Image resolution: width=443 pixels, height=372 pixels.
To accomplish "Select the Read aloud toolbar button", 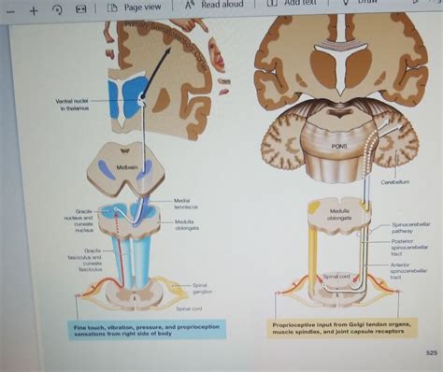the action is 216,5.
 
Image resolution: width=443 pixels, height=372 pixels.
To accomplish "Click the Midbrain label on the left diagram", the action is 126,167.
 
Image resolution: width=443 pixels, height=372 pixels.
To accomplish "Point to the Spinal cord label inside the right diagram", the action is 336,277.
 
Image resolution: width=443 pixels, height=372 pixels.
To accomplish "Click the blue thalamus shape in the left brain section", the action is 122,98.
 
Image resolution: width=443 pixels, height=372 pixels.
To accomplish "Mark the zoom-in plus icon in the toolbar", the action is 33,10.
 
